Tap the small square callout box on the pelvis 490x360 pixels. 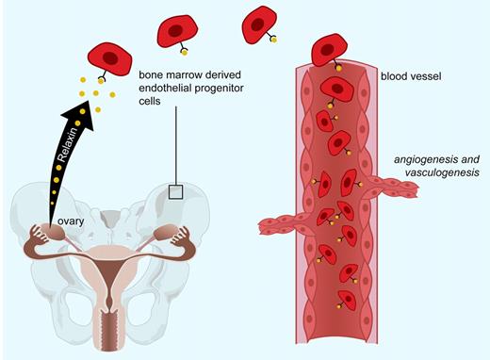(175, 191)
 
